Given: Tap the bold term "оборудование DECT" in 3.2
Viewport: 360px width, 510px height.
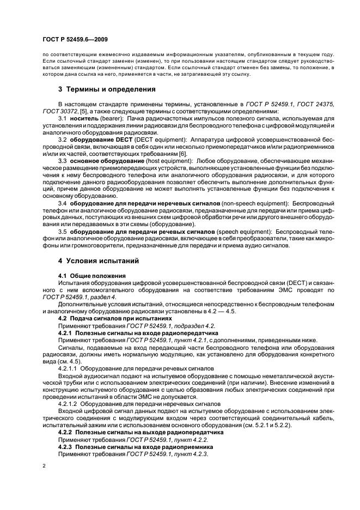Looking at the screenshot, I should click(x=98, y=139).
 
